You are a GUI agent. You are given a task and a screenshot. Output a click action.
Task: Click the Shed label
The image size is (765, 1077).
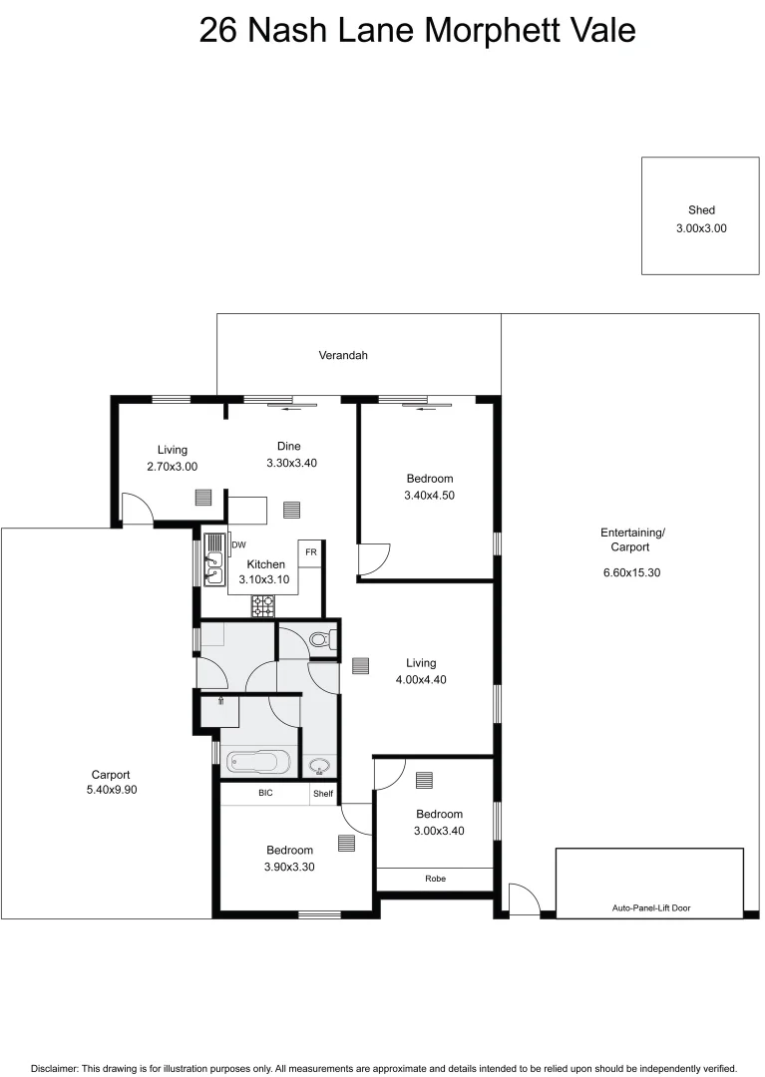coord(701,210)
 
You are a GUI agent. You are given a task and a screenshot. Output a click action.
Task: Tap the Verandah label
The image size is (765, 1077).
coord(343,355)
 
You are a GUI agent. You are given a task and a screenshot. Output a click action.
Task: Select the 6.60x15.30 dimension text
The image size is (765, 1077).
coord(632,572)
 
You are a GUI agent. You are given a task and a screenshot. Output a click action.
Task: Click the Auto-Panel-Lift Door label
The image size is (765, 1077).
coord(650,908)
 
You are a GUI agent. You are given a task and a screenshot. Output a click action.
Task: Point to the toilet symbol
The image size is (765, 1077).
coord(321,640)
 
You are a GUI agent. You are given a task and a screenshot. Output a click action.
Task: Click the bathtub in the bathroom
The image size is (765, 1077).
coord(258,763)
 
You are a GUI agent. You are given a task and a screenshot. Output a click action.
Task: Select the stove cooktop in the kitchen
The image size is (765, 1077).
coord(263,604)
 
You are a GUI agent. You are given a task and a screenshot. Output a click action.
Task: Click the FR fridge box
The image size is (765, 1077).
coord(310,552)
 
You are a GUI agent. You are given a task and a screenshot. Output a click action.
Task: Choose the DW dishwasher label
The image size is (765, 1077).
coord(238,544)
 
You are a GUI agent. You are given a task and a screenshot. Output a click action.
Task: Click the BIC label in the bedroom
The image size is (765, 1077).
coord(265,794)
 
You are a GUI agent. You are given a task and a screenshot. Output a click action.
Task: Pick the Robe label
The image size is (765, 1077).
coord(435,879)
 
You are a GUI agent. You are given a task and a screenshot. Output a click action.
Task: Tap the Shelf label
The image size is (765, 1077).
coord(323,794)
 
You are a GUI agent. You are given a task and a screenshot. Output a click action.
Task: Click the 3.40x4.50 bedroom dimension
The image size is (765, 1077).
coord(429,495)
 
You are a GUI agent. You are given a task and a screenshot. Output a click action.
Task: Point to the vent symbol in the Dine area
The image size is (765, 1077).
coord(291,510)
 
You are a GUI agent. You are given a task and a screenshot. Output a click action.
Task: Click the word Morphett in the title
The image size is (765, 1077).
coord(488,30)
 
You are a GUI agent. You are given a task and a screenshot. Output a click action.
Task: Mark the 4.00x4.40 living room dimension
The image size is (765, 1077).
coord(420,679)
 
